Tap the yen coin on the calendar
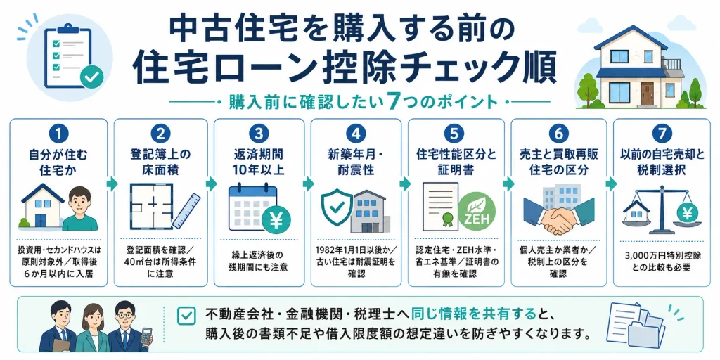[276, 219]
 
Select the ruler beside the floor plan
[186, 211]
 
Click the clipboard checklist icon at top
[70, 57]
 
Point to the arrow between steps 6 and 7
[611, 184]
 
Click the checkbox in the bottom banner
[186, 316]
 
